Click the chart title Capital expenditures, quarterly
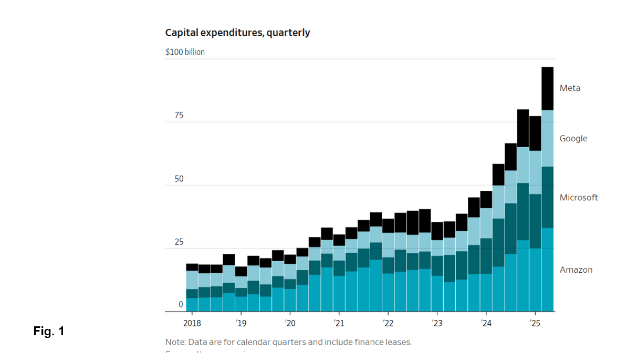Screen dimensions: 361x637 pyautogui.click(x=237, y=33)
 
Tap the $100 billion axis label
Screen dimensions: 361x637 pyautogui.click(x=185, y=52)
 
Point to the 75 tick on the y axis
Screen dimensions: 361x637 pyautogui.click(x=179, y=116)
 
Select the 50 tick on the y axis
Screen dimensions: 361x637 pyautogui.click(x=179, y=179)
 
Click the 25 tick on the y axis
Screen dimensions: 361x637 pyautogui.click(x=179, y=242)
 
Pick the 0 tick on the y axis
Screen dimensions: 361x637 pyautogui.click(x=181, y=305)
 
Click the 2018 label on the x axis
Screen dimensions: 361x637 pyautogui.click(x=192, y=323)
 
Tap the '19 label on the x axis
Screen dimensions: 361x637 pyautogui.click(x=241, y=323)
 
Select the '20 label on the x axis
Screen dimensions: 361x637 pyautogui.click(x=290, y=323)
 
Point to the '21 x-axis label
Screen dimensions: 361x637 pyautogui.click(x=339, y=323)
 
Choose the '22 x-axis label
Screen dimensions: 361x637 pyautogui.click(x=388, y=323)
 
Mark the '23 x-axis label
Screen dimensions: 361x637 pyautogui.click(x=436, y=323)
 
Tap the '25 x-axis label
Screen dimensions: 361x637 pyautogui.click(x=535, y=323)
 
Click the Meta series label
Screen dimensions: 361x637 pyautogui.click(x=570, y=88)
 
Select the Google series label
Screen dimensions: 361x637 pyautogui.click(x=573, y=139)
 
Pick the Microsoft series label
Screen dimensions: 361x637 pyautogui.click(x=579, y=198)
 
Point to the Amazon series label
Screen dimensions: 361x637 pyautogui.click(x=576, y=270)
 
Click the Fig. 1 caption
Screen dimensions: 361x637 pyautogui.click(x=49, y=332)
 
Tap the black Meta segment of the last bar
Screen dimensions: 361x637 pyautogui.click(x=547, y=88)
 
